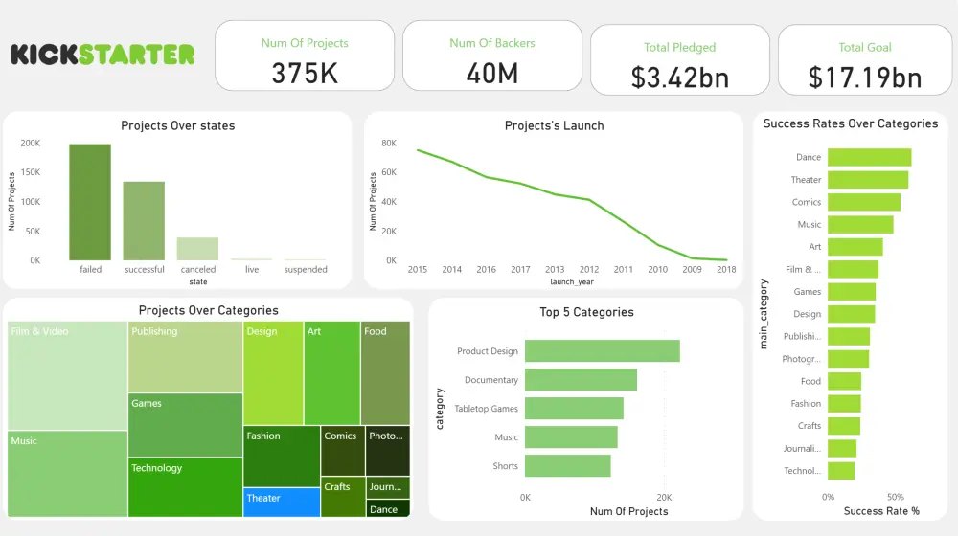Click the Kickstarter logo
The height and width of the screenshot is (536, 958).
pyautogui.click(x=103, y=55)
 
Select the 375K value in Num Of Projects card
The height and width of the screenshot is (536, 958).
pyautogui.click(x=305, y=74)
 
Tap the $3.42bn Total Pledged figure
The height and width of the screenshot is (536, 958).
pyautogui.click(x=680, y=78)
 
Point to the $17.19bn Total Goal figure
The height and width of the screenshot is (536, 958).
pyautogui.click(x=865, y=78)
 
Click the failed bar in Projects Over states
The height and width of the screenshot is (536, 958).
pyautogui.click(x=90, y=202)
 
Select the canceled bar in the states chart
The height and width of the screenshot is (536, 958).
pyautogui.click(x=197, y=249)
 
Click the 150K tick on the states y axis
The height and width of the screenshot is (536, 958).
pyautogui.click(x=31, y=172)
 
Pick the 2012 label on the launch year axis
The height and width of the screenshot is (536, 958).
pyautogui.click(x=588, y=270)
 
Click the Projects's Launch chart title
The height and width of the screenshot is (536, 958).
pyautogui.click(x=554, y=125)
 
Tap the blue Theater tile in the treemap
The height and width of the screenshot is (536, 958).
pyautogui.click(x=281, y=502)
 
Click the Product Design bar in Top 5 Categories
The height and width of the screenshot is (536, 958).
pyautogui.click(x=603, y=351)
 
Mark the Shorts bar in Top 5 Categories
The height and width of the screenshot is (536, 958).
pyautogui.click(x=568, y=466)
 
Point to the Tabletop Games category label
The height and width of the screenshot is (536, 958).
pyautogui.click(x=486, y=409)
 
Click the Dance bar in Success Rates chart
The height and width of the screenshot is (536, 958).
pyautogui.click(x=869, y=157)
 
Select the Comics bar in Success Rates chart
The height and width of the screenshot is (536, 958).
pyautogui.click(x=863, y=202)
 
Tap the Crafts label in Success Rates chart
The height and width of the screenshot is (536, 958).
pyautogui.click(x=810, y=426)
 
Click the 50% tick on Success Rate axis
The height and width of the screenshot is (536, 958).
pyautogui.click(x=896, y=498)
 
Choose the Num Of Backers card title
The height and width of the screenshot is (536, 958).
pyautogui.click(x=492, y=43)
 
